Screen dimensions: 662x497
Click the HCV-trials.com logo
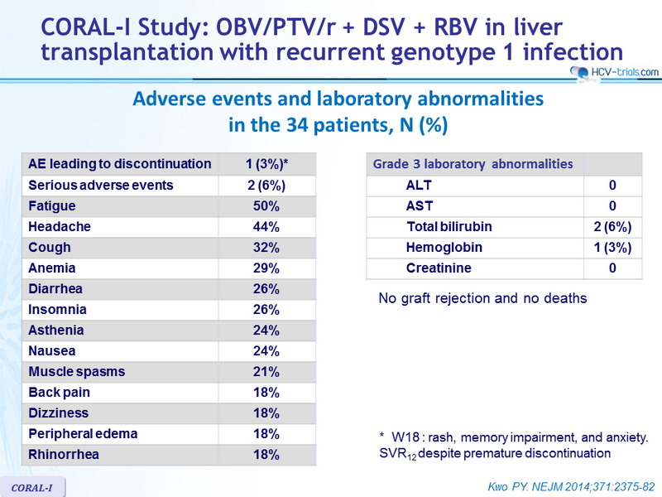click(x=614, y=72)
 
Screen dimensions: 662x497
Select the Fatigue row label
click(x=52, y=205)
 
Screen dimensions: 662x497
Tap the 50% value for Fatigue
click(x=266, y=206)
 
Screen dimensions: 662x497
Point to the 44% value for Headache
click(x=266, y=227)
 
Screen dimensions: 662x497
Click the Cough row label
click(x=50, y=248)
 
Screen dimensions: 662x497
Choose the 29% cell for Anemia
click(x=266, y=268)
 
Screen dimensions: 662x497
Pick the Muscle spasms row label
click(x=77, y=372)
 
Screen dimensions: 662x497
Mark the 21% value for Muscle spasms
click(x=266, y=372)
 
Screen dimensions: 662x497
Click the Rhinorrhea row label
click(x=64, y=454)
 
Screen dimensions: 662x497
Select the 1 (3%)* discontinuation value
click(x=266, y=164)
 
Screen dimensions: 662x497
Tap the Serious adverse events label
click(x=101, y=185)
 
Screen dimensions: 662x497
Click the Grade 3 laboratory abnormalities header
click(x=473, y=164)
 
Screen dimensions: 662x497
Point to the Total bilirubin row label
click(x=449, y=226)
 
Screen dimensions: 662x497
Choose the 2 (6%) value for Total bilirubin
click(x=612, y=227)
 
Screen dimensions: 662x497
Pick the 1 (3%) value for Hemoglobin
click(x=612, y=248)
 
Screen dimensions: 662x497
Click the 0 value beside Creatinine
click(x=612, y=268)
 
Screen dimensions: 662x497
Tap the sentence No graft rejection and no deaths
click(x=482, y=298)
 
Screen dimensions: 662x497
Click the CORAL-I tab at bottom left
click(x=32, y=488)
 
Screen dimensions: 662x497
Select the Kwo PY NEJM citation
click(x=571, y=487)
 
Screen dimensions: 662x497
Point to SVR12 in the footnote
click(x=398, y=454)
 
